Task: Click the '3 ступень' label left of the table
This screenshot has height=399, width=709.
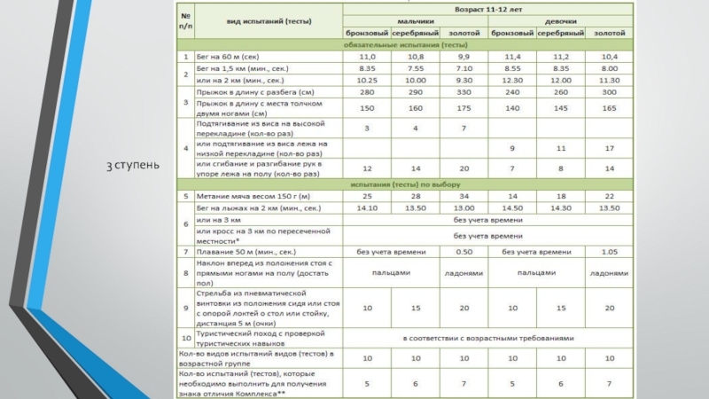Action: coord(134,165)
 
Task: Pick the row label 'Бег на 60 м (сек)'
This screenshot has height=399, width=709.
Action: coord(228,56)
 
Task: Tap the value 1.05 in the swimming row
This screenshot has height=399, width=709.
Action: coord(609,252)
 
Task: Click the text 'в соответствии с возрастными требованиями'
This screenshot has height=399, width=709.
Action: coord(488,338)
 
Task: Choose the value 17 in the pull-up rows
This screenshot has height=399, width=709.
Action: coord(609,148)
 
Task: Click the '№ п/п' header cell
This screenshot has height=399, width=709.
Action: coord(185,20)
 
